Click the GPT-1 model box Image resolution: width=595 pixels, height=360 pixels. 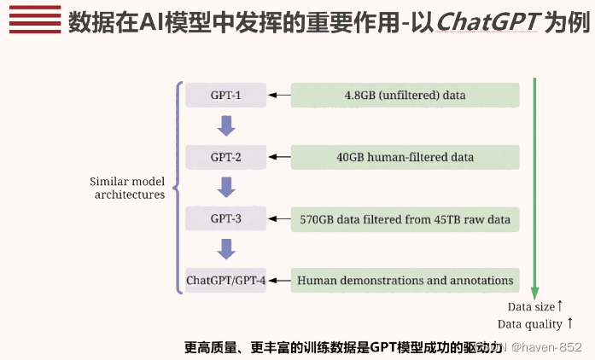coord(225,95)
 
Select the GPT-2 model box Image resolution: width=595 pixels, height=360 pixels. coord(225,157)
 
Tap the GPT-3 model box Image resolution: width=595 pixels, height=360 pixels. coord(225,219)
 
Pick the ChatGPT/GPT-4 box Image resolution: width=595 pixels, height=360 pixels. coord(225,280)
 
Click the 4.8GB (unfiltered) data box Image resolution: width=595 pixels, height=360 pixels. coord(405,95)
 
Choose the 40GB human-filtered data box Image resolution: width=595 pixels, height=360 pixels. coord(405,157)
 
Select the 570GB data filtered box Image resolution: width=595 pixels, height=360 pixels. coord(405,219)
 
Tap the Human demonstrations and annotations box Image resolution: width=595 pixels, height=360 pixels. coord(405,280)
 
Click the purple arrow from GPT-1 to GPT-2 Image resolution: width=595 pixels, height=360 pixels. coord(226,125)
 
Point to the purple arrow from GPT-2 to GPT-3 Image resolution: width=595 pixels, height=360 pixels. coord(226,187)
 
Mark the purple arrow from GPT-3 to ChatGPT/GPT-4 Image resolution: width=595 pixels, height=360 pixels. coord(226,249)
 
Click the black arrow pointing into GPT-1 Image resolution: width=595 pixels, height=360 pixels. coord(279,95)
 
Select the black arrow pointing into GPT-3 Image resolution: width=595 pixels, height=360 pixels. coord(279,219)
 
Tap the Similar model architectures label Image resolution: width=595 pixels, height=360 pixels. coord(127,188)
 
